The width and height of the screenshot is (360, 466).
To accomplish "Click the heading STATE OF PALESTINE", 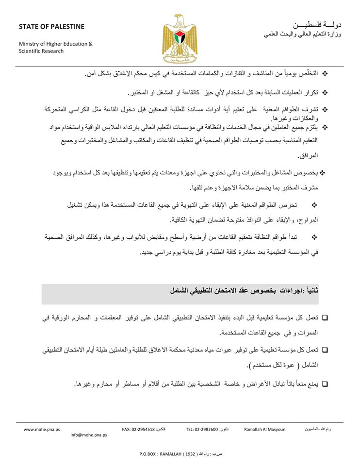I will (x=51, y=26).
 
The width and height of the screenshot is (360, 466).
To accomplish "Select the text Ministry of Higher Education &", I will (x=55, y=44).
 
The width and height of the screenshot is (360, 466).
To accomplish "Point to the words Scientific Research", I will (x=41, y=51).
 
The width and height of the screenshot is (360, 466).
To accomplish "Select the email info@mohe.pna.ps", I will (x=88, y=435).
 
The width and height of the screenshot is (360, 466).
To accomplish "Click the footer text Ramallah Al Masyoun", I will (x=264, y=430).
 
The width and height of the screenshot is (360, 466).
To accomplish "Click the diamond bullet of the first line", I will (x=325, y=73).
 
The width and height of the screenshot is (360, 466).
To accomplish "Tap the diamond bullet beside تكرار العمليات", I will (x=325, y=92).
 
